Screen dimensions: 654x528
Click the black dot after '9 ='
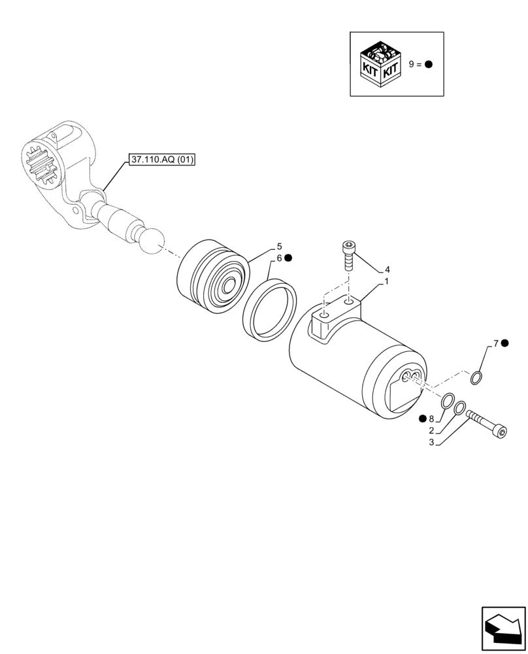(429, 64)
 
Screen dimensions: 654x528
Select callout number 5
(279, 247)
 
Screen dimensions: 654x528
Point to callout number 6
(278, 258)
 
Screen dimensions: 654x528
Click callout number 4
(387, 269)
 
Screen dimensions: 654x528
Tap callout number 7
(496, 343)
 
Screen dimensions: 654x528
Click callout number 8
(431, 419)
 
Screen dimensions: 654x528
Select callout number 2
(431, 430)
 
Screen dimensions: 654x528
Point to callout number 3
(431, 443)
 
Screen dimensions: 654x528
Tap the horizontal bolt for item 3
(487, 423)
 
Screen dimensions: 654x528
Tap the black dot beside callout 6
(288, 258)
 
